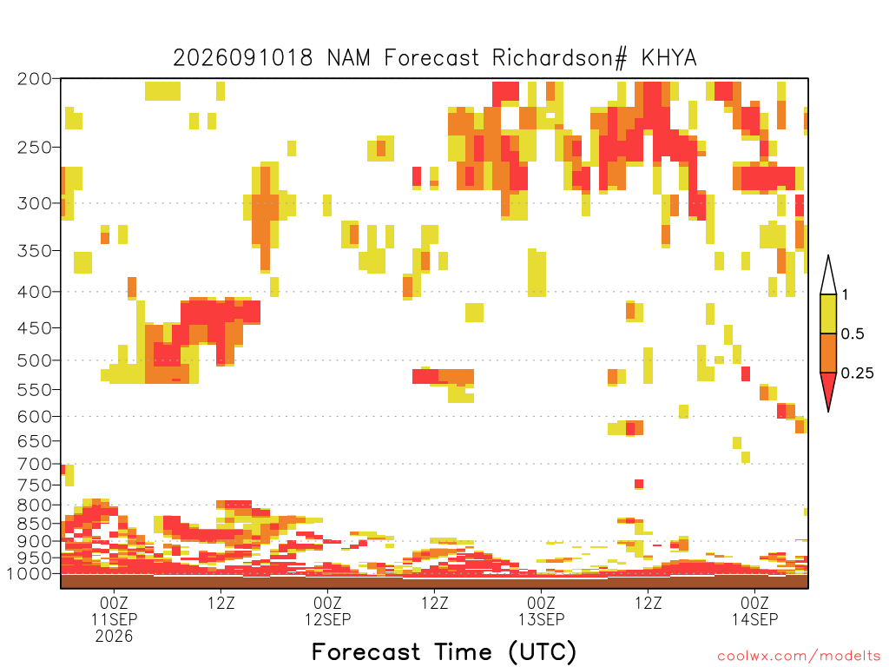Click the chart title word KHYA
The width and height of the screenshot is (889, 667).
point(669,58)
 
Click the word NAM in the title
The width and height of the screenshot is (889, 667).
point(349,58)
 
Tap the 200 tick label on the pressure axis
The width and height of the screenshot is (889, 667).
point(35,79)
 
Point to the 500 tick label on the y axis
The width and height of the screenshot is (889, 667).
point(35,360)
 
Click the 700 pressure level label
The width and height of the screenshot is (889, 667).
point(35,464)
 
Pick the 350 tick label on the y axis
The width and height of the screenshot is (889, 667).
point(35,250)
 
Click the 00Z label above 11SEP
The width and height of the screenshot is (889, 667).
point(114,603)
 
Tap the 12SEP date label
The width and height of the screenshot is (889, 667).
point(327,619)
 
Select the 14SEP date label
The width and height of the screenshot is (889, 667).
point(755,619)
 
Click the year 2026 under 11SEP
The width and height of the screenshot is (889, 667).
point(114,636)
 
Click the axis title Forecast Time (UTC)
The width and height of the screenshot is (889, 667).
point(444,652)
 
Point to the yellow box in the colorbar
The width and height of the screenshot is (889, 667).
point(828,314)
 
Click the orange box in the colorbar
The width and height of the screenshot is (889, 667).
point(828,353)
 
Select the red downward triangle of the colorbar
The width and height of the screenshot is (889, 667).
point(828,388)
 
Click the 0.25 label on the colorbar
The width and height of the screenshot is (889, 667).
point(857,373)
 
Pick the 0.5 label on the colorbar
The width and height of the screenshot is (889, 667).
point(853,333)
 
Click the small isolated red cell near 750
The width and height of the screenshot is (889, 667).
point(639,484)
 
